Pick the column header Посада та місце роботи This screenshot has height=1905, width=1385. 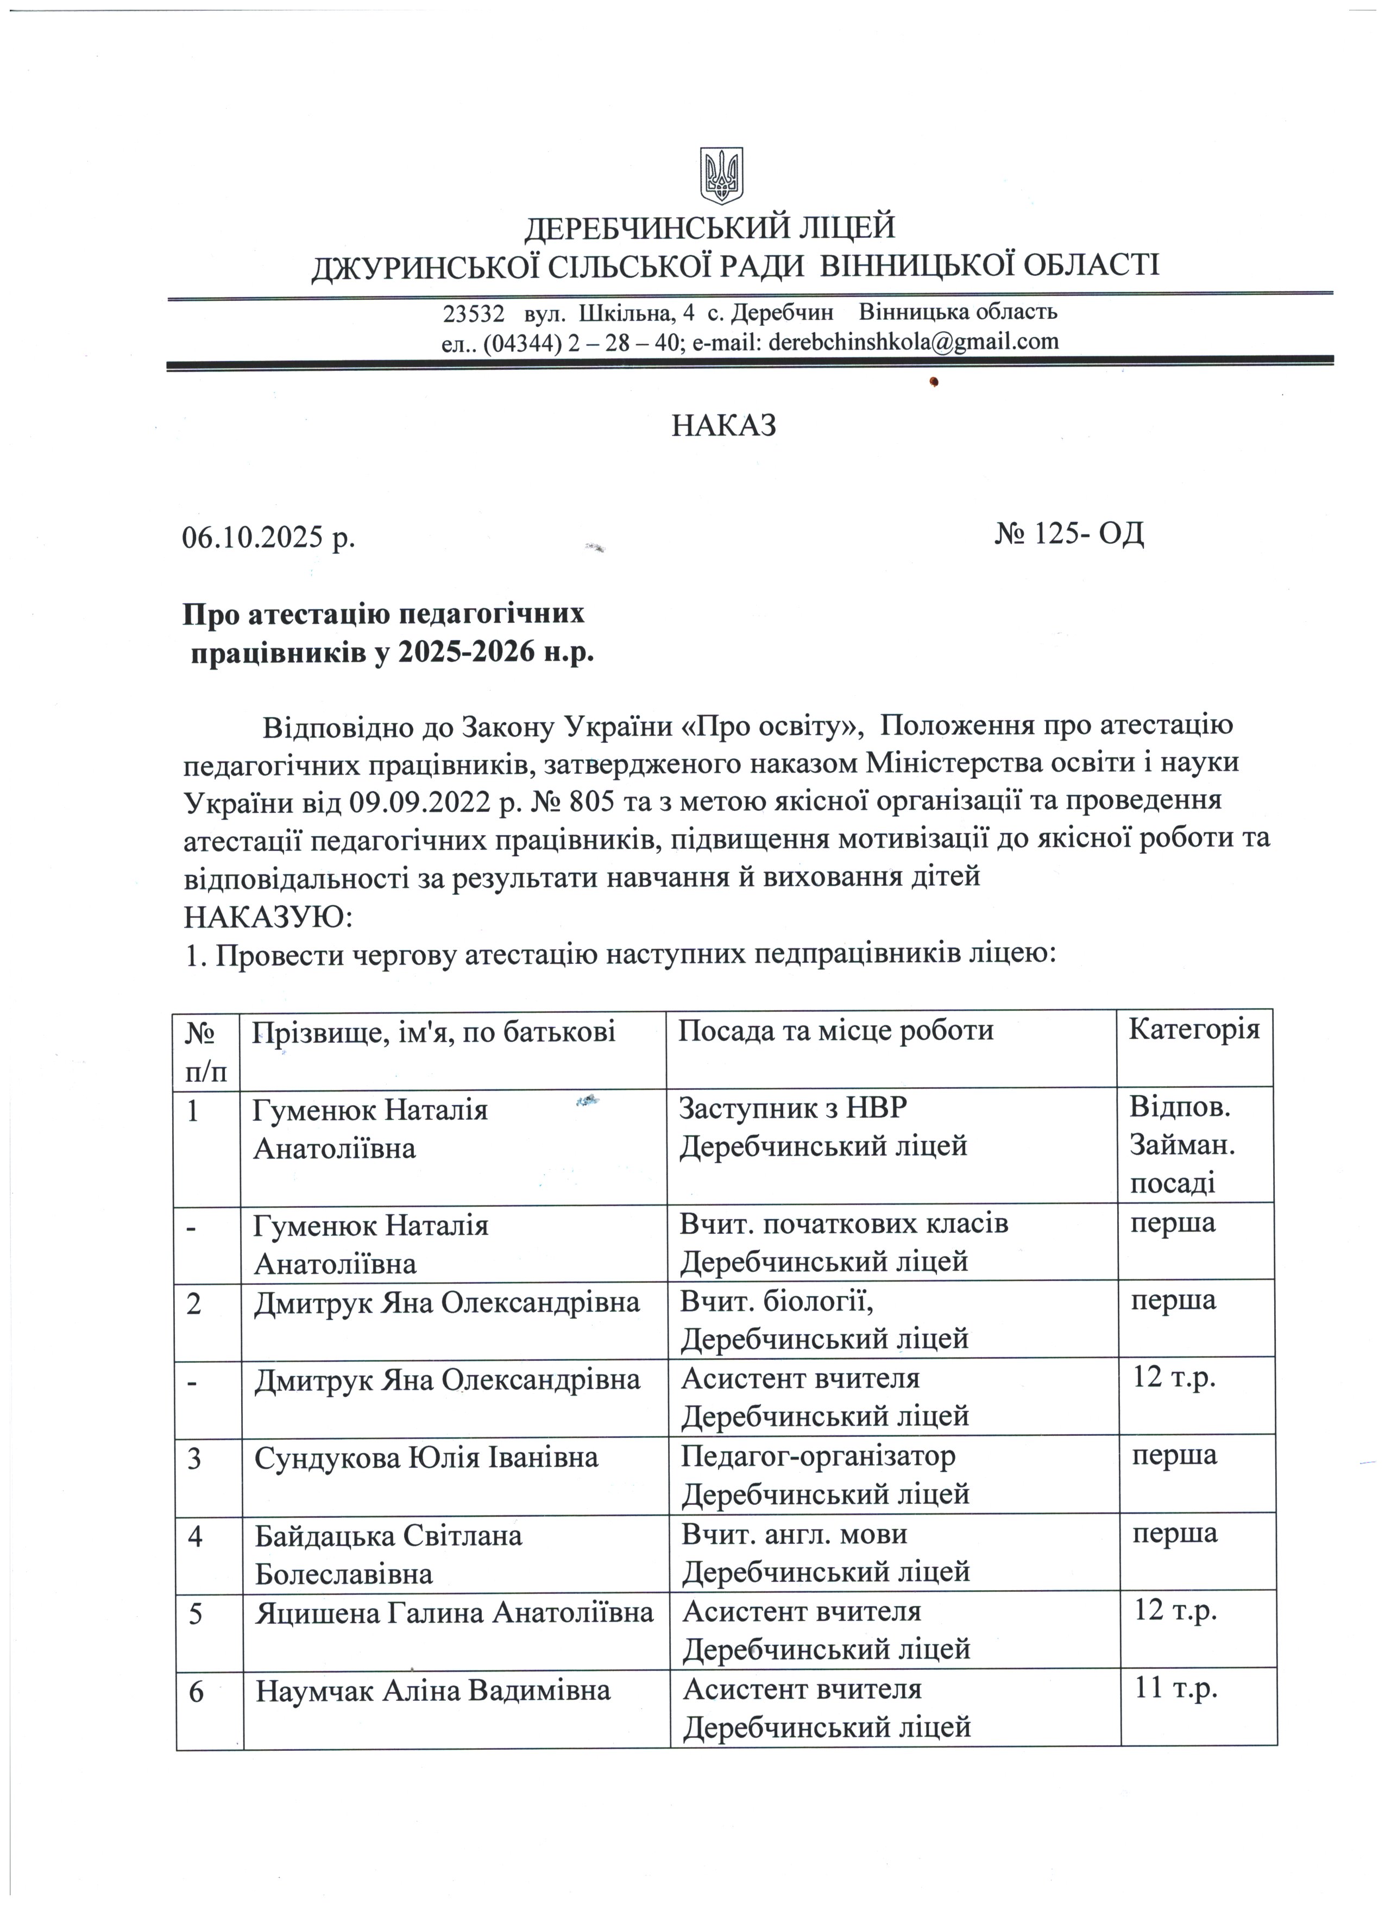836,1031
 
